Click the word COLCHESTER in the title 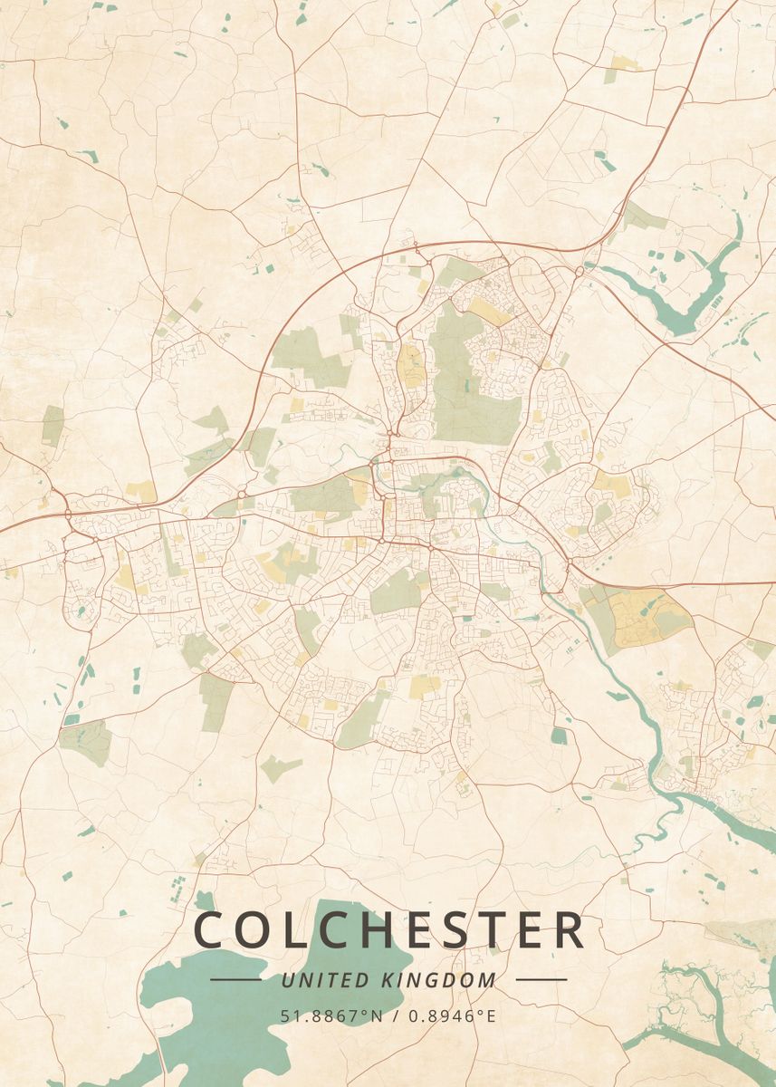[x=389, y=930]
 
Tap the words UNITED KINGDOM [x=388, y=979]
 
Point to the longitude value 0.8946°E [x=452, y=1015]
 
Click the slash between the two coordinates [x=396, y=1015]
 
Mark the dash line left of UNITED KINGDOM [x=235, y=979]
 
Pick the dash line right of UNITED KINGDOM [x=541, y=979]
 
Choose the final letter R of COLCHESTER [x=568, y=930]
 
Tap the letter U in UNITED [x=287, y=979]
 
